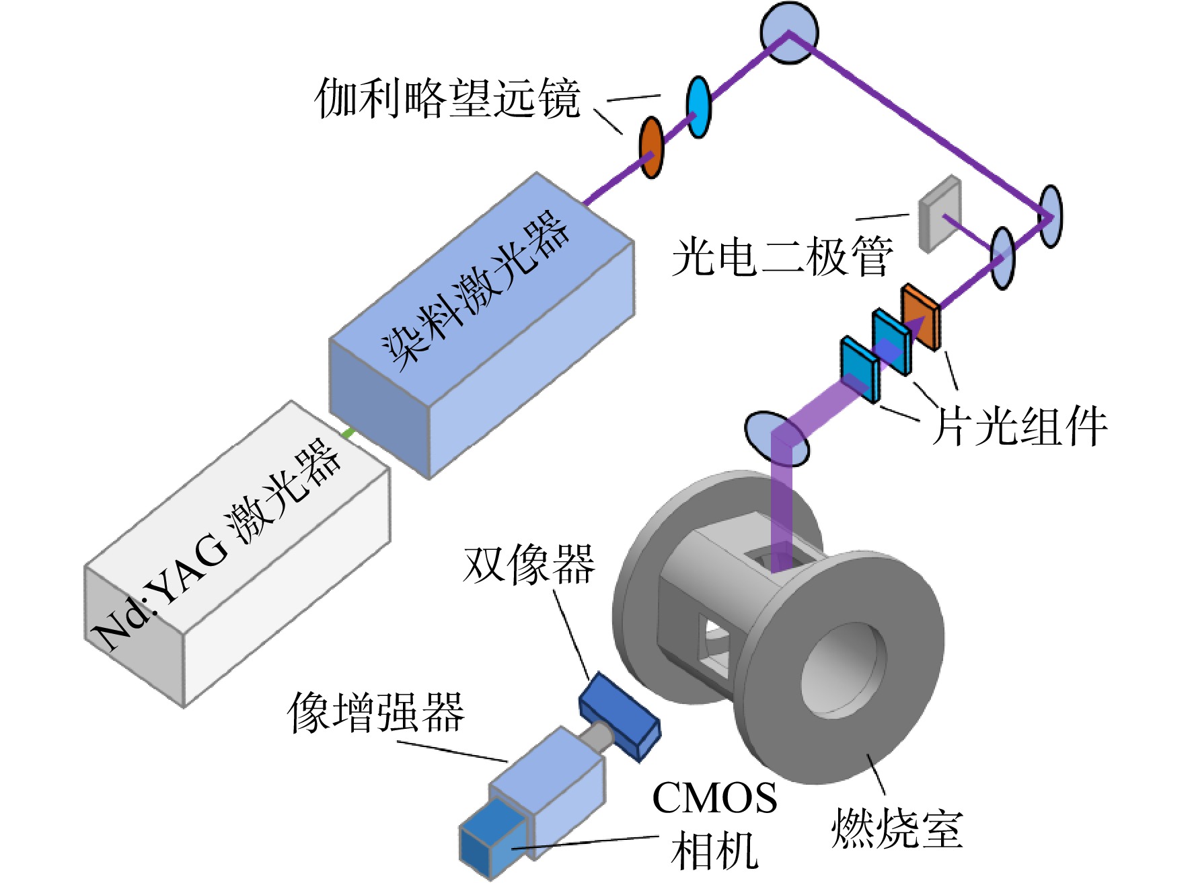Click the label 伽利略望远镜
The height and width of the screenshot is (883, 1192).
(447, 99)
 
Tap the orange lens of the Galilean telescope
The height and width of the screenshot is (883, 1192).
(650, 147)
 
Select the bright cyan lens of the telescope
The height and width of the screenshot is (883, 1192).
(698, 107)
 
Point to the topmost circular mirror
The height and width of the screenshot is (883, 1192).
(789, 32)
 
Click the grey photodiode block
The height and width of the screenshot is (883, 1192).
(940, 213)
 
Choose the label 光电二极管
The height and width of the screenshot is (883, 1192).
(782, 256)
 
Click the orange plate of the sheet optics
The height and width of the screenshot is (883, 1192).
(920, 316)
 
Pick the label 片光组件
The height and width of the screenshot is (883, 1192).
(1019, 426)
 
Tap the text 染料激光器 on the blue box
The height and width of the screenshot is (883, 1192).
(476, 290)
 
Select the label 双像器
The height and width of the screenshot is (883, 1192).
(529, 564)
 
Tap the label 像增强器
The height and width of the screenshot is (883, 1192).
(376, 712)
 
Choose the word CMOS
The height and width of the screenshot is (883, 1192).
(714, 798)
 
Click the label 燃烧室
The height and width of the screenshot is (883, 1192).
(897, 828)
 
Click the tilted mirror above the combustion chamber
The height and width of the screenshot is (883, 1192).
(776, 439)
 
